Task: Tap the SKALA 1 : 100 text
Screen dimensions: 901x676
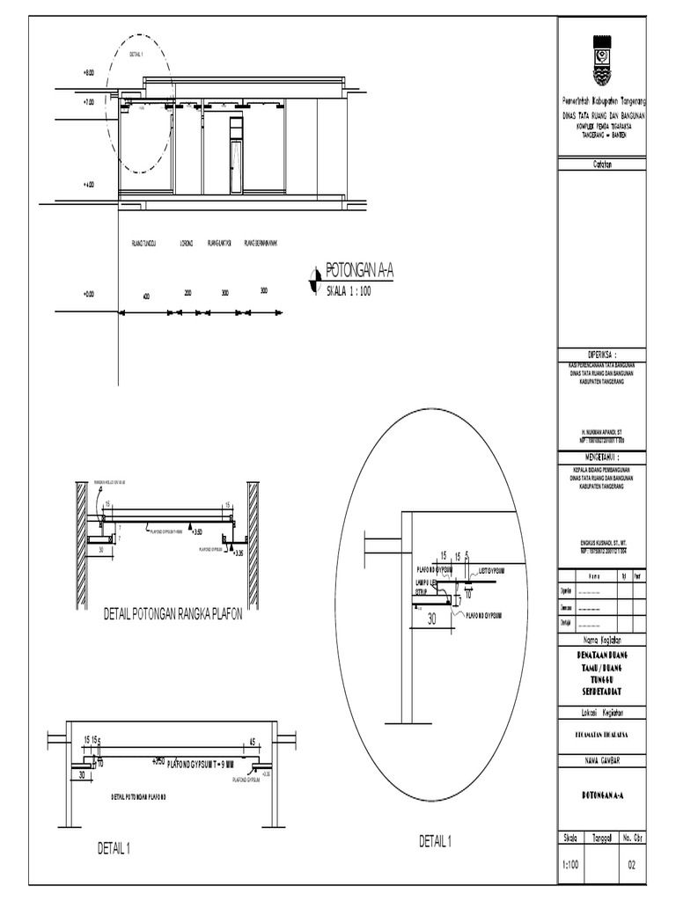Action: click(x=349, y=290)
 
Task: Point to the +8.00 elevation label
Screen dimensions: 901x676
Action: click(x=89, y=74)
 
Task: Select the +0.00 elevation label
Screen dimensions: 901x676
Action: click(x=89, y=295)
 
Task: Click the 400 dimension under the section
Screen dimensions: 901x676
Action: click(x=148, y=297)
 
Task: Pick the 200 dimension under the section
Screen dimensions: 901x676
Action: click(x=187, y=292)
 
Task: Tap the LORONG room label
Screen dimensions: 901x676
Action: click(x=186, y=243)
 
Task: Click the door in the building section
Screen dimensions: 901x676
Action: click(x=236, y=166)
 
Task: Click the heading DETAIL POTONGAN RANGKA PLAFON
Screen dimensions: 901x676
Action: click(x=173, y=613)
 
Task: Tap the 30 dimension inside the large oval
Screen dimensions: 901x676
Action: click(x=432, y=619)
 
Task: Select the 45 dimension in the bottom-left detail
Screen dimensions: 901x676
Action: click(x=252, y=741)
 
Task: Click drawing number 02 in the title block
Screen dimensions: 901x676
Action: click(x=630, y=865)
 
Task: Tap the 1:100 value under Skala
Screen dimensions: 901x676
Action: click(x=570, y=865)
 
